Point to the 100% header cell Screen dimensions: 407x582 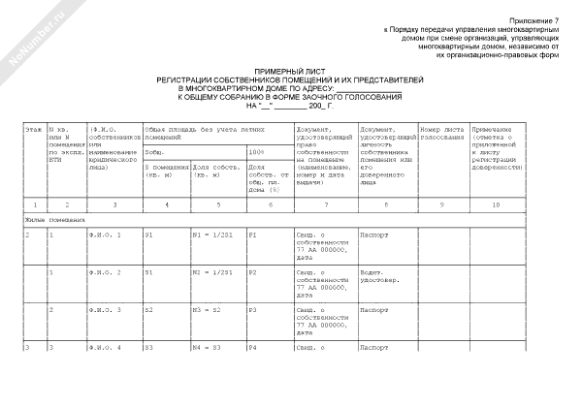coord(256,152)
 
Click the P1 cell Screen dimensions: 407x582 coord(254,236)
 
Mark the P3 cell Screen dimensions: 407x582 coord(254,310)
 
